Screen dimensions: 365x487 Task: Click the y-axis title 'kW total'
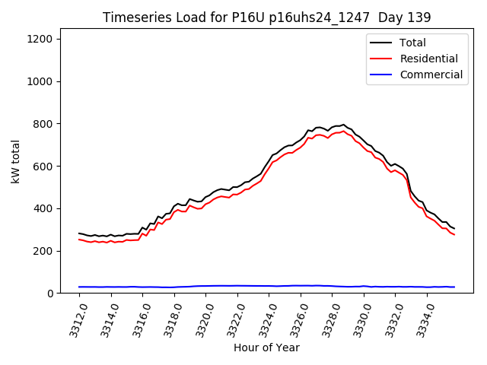[x=15, y=166]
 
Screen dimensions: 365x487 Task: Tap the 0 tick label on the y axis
[x=50, y=294]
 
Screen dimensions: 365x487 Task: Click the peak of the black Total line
[x=343, y=125]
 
